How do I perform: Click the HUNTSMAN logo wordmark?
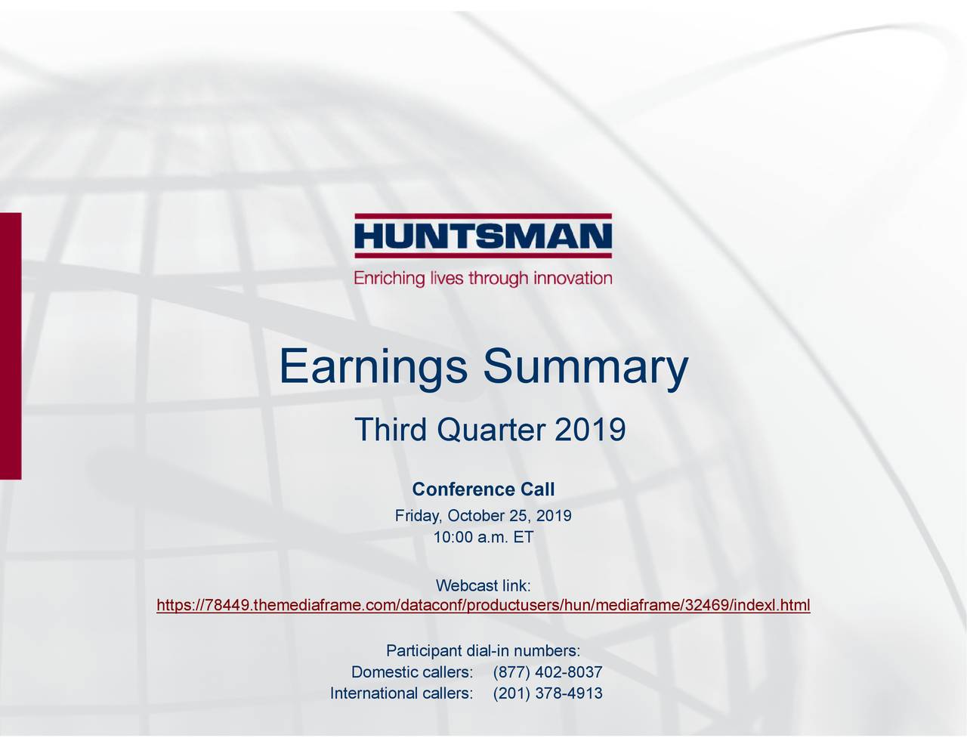click(x=483, y=238)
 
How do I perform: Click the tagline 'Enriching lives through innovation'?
click(x=483, y=278)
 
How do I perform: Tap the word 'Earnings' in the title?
click(x=371, y=368)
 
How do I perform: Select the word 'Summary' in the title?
click(x=585, y=368)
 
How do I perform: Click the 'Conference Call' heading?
click(x=483, y=489)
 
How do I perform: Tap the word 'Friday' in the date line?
click(x=417, y=517)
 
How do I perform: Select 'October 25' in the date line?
click(x=488, y=517)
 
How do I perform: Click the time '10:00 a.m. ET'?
click(x=483, y=538)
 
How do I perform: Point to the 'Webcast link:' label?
click(x=483, y=586)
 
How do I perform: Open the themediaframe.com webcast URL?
click(x=483, y=606)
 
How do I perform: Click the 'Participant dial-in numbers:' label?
click(x=483, y=651)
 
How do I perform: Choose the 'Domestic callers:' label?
click(x=412, y=673)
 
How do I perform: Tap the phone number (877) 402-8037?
click(x=547, y=673)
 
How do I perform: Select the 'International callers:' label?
click(x=402, y=694)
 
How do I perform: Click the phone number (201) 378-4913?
click(x=547, y=694)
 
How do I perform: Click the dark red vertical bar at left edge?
click(x=11, y=345)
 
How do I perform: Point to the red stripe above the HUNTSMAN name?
click(x=483, y=217)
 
